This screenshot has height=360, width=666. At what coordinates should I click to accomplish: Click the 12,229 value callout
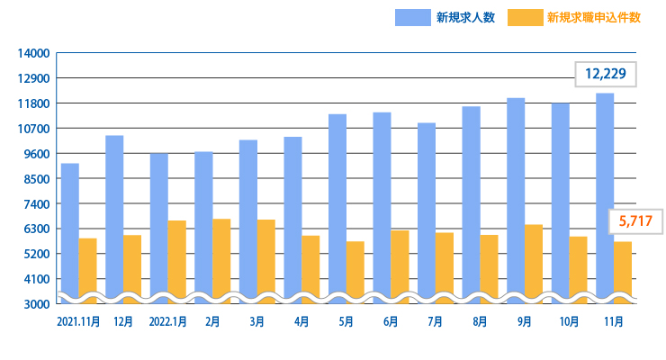tap(606, 74)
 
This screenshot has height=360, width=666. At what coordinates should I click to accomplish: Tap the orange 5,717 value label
tap(630, 220)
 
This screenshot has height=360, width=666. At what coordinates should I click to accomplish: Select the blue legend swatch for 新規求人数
tap(411, 17)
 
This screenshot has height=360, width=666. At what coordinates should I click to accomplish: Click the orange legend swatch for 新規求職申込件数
tap(525, 17)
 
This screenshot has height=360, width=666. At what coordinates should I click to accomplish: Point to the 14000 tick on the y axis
tap(33, 53)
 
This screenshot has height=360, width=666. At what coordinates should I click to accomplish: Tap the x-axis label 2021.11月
tap(78, 320)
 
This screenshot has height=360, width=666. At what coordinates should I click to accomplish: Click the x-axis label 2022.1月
tap(168, 320)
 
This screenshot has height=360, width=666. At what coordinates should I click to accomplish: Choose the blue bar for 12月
tap(114, 216)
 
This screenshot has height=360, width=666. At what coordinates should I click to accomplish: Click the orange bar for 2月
tap(221, 256)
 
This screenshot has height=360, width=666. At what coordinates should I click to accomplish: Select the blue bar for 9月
tap(516, 197)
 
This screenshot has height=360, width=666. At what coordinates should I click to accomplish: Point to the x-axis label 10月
tap(569, 320)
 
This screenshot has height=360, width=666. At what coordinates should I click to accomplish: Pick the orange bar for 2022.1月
tap(176, 257)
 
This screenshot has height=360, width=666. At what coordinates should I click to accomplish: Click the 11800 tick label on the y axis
tap(33, 103)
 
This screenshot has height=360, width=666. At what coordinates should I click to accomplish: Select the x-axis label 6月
tap(391, 320)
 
